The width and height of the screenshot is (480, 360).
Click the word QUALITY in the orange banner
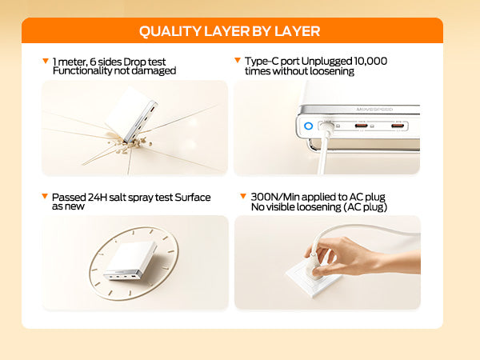tap(170, 31)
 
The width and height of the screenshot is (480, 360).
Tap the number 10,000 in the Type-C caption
tap(370, 61)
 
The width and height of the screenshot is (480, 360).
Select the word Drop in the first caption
tap(134, 62)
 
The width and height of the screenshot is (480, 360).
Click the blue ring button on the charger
tap(309, 126)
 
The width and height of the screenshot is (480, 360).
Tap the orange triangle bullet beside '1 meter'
tap(46, 61)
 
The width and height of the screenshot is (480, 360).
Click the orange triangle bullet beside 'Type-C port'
tap(238, 60)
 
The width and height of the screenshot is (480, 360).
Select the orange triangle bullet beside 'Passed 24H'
tap(45, 196)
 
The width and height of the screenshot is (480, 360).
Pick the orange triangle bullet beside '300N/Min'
tap(243, 196)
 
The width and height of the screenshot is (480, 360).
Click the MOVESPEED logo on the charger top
tap(374, 110)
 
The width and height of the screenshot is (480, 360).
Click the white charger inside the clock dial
tap(130, 260)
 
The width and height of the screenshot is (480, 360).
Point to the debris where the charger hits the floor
tap(130, 145)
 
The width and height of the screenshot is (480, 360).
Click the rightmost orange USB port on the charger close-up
tap(398, 126)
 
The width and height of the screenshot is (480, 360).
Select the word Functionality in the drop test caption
tap(82, 70)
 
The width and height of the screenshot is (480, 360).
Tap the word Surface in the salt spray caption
tap(193, 198)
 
